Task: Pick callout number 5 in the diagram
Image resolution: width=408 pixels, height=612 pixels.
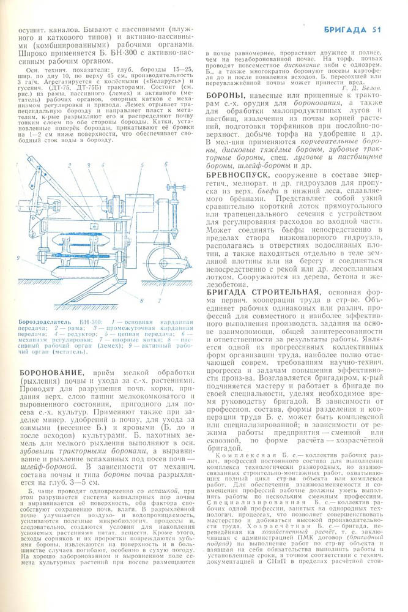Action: [139, 165]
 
